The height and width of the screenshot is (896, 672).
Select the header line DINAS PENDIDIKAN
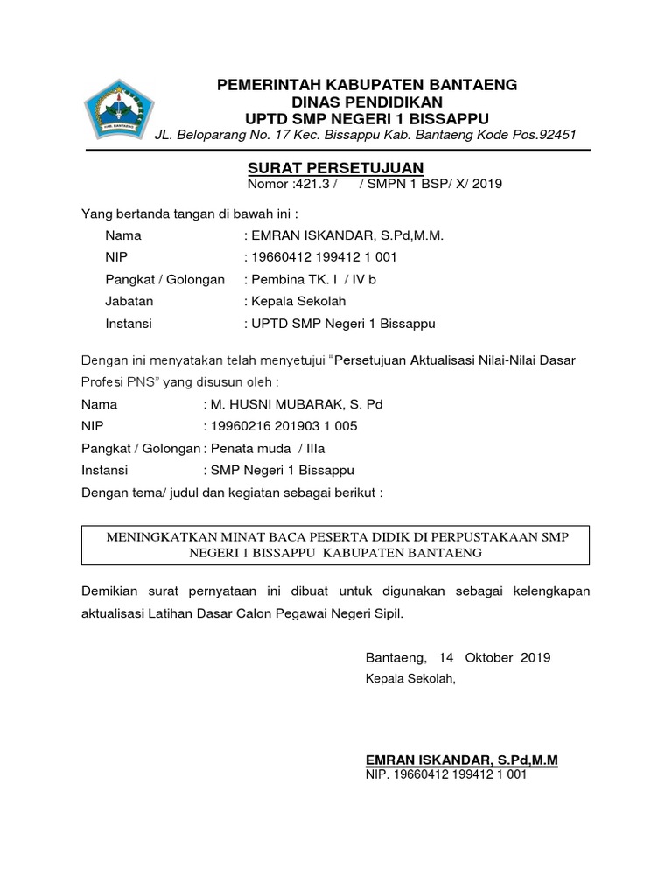(x=367, y=101)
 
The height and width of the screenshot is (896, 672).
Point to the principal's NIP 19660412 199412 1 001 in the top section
(x=324, y=257)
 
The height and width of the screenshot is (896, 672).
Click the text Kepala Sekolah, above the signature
(x=410, y=678)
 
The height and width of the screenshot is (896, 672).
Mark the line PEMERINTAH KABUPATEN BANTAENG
(x=367, y=85)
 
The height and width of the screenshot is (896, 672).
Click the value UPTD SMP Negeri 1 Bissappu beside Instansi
(x=344, y=323)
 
